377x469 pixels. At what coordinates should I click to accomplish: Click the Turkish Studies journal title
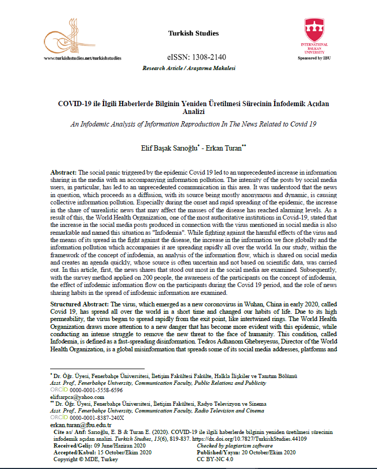193,33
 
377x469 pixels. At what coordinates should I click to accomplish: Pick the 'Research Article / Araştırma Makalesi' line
188,68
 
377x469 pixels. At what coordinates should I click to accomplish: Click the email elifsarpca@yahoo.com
75,397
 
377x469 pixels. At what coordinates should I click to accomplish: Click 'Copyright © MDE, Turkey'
86,459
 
